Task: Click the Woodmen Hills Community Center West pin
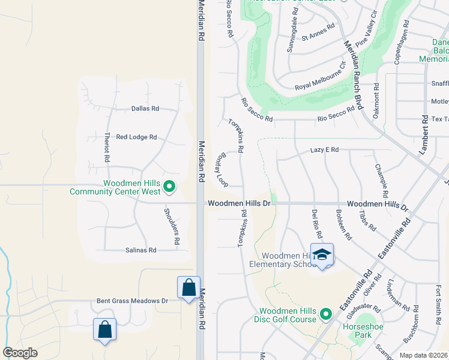pos(169,187)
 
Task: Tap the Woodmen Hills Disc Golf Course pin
pos(325,313)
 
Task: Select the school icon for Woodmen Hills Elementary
pos(322,254)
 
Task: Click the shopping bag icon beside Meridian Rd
pos(188,287)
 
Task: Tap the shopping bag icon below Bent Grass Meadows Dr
pos(104,329)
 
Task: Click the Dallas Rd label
pos(145,109)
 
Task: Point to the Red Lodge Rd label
pos(136,137)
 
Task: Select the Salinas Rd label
pos(140,250)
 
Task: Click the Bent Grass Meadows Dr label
pos(132,301)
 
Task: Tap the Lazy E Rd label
pos(325,150)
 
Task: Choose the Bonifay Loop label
pos(221,169)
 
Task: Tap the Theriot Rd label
pos(107,148)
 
